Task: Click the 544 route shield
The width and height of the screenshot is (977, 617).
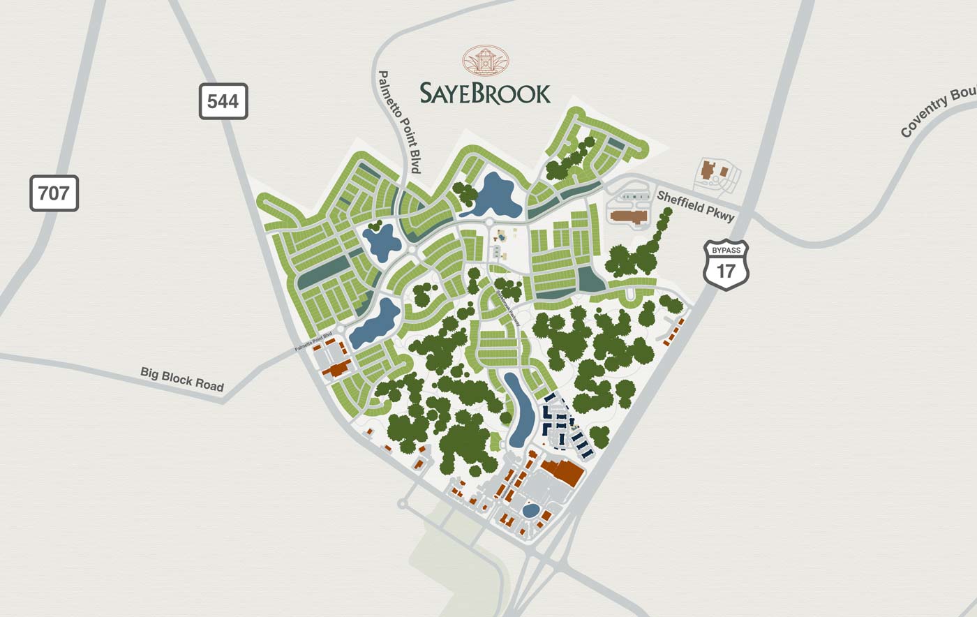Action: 223,101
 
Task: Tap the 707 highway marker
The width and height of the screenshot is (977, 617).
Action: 54,193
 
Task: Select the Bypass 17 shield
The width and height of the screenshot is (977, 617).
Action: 726,265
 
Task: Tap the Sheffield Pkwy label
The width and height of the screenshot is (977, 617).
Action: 695,207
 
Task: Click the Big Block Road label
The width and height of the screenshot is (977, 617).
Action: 182,379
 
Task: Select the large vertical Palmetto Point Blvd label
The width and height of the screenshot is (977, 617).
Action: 400,121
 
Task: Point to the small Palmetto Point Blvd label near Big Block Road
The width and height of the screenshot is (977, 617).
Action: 313,342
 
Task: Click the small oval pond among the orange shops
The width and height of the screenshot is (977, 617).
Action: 530,511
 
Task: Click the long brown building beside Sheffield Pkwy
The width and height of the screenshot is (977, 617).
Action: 629,216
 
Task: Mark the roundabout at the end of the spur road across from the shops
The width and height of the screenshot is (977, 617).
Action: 402,503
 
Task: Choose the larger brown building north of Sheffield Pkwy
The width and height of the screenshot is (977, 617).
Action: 709,170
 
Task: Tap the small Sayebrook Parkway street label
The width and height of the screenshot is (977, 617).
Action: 509,309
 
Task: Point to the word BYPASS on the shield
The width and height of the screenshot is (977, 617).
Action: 726,250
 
